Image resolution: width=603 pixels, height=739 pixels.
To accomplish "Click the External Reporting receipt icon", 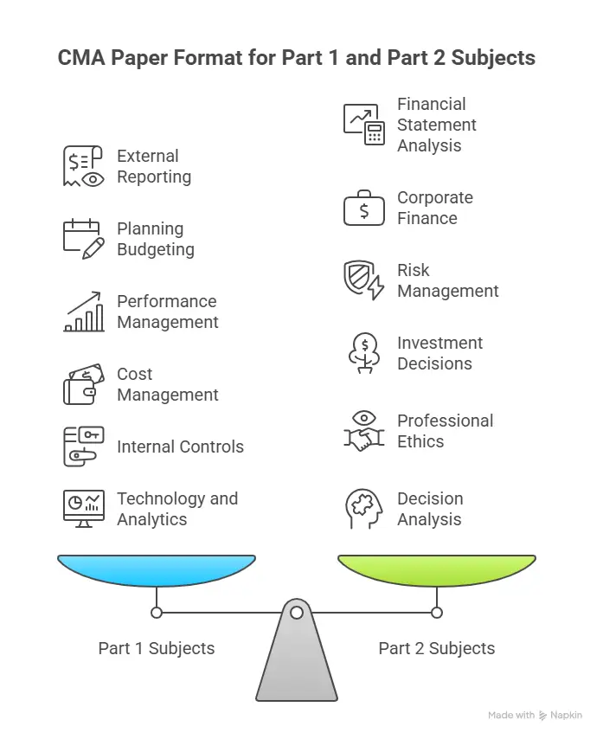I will click(x=83, y=166).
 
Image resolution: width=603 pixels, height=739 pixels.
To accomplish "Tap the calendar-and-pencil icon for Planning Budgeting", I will click(x=83, y=239).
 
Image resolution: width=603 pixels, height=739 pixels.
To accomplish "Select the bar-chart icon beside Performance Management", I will click(x=83, y=312).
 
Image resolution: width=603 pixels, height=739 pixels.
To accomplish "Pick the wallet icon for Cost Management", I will click(x=83, y=384).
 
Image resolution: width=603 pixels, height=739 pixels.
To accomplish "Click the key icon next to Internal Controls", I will click(x=83, y=447).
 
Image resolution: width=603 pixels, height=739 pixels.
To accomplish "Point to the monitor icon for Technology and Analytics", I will click(x=83, y=509).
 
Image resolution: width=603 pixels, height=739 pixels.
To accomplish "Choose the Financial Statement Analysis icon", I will click(x=363, y=125).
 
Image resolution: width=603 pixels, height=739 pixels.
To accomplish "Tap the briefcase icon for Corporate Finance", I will click(x=363, y=209).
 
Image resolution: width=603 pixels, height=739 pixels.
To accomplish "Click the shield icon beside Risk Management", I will click(x=363, y=280).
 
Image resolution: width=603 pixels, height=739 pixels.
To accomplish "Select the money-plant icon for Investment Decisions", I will click(x=363, y=353).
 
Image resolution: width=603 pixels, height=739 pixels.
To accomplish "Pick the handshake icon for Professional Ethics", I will click(x=363, y=431).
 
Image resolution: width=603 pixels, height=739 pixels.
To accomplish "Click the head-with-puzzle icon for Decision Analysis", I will click(x=363, y=509).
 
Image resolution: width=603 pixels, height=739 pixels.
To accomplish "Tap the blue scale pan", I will click(x=157, y=569).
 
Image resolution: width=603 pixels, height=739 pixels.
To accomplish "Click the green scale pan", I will click(x=436, y=569).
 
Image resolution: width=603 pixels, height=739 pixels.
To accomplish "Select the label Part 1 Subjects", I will click(x=157, y=648).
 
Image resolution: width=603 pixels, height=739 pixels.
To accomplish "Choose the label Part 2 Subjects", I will click(x=437, y=648).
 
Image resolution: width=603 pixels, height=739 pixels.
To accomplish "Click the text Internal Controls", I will click(x=180, y=447).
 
